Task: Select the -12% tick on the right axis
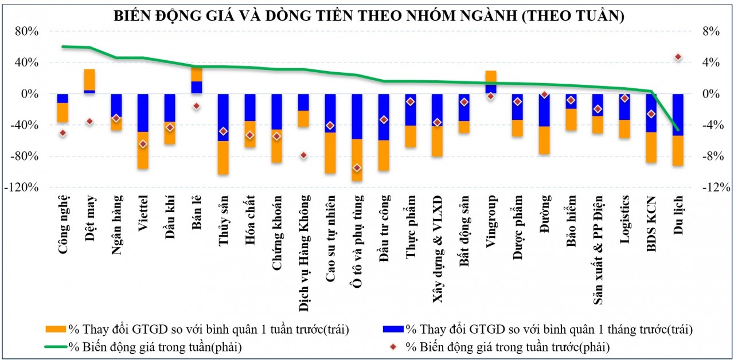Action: [717, 187]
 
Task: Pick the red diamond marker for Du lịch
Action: [678, 57]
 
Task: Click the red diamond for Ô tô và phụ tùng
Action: [357, 167]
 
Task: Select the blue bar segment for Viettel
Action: [143, 112]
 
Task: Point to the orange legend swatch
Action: [56, 330]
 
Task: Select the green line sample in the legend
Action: [56, 347]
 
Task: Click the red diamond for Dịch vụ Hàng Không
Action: [303, 155]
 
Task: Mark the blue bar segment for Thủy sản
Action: [223, 117]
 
